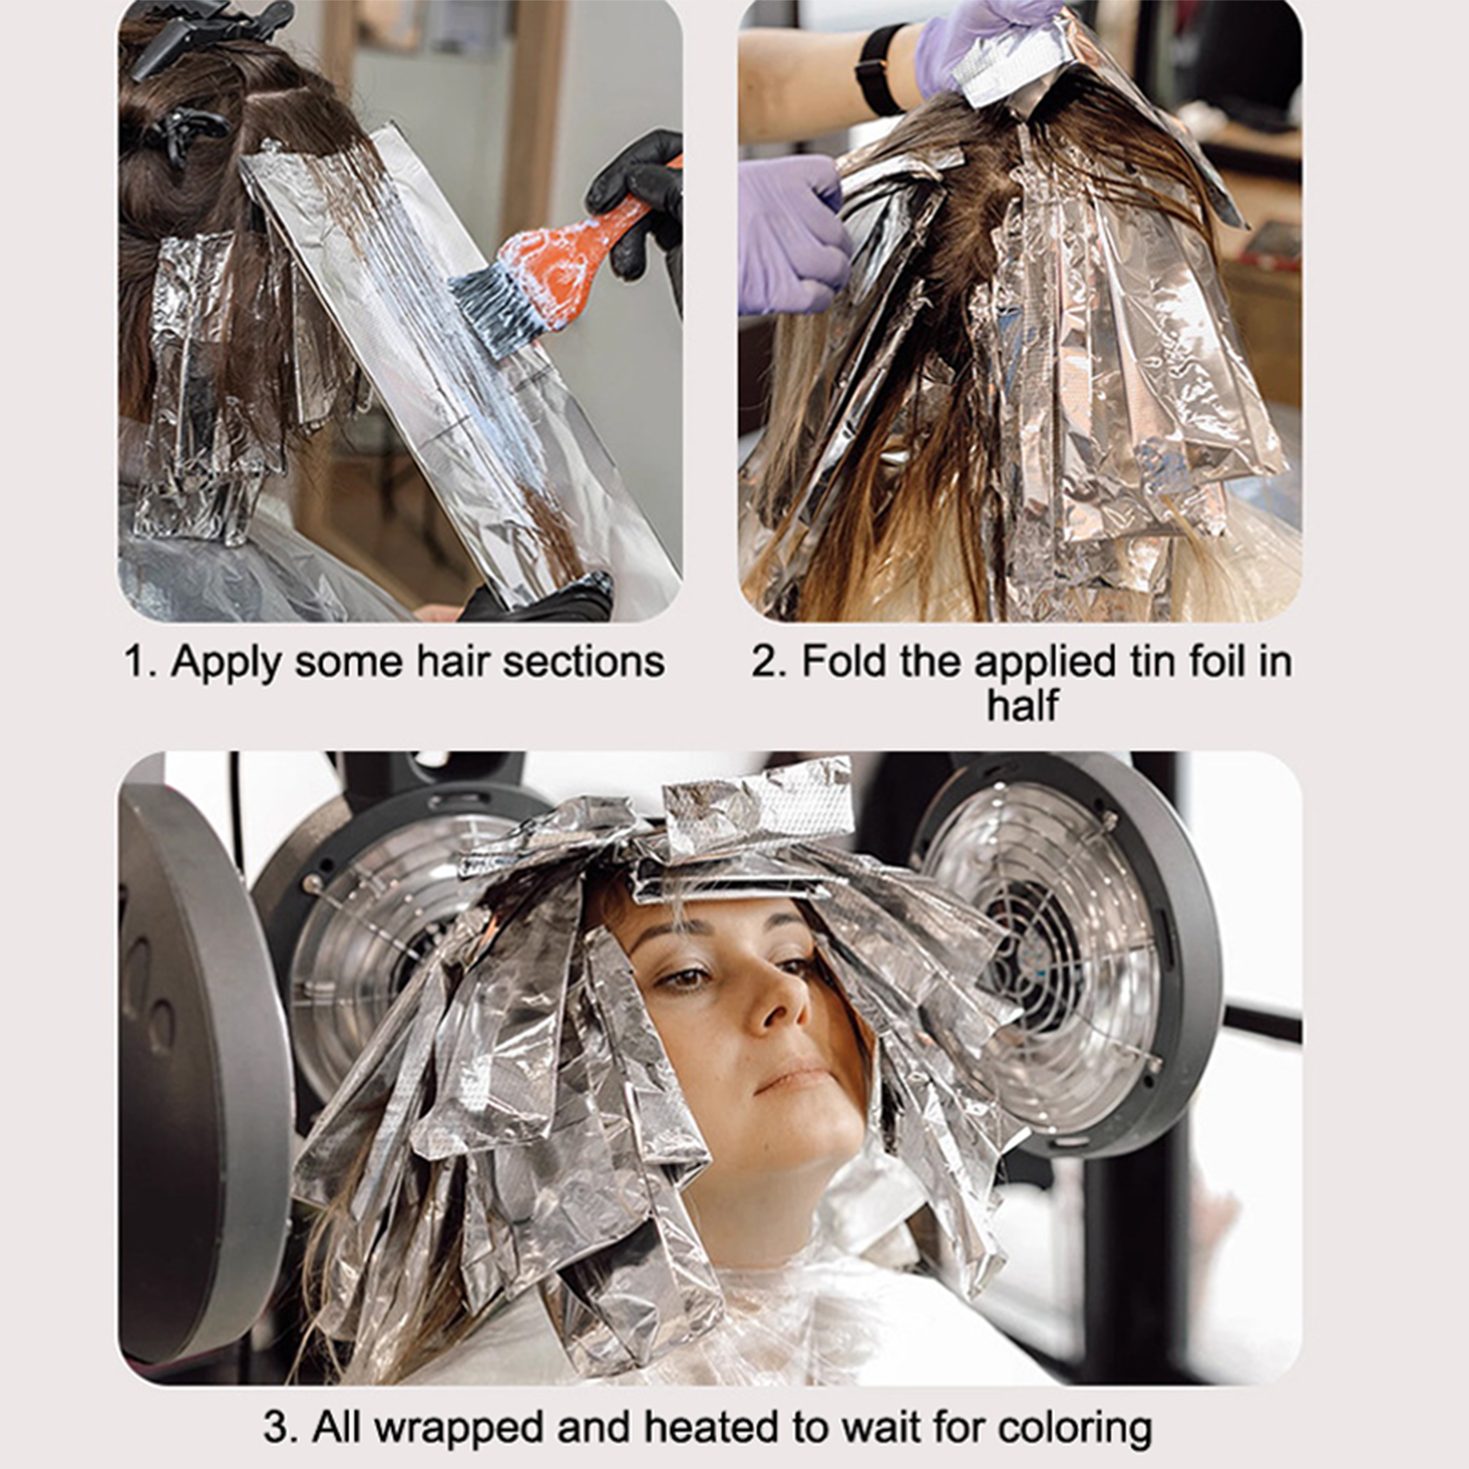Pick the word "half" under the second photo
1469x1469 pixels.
pyautogui.click(x=1023, y=705)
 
